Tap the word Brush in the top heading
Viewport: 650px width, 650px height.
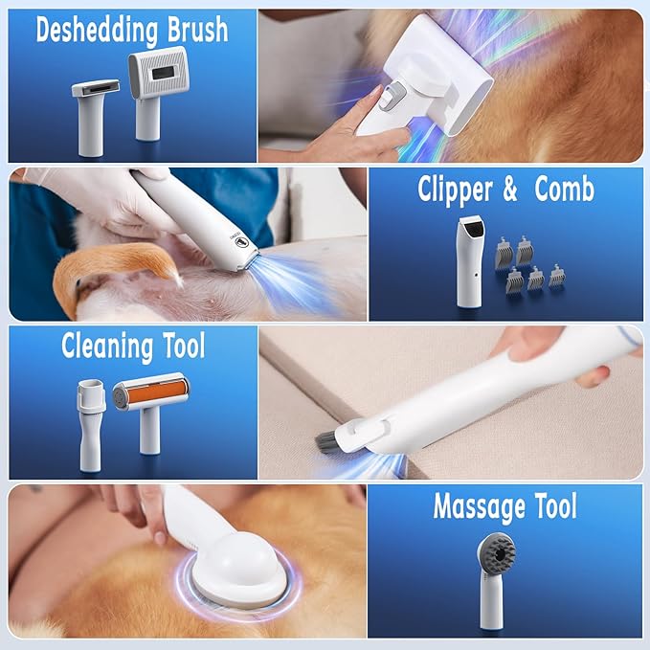click(x=195, y=30)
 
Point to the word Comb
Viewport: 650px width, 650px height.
click(x=564, y=190)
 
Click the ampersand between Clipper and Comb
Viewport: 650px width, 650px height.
click(x=510, y=191)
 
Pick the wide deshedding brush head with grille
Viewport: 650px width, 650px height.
click(x=158, y=81)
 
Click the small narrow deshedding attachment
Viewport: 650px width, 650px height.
click(x=96, y=101)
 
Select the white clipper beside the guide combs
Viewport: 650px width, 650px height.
click(x=469, y=258)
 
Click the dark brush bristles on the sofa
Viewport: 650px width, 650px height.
click(x=331, y=441)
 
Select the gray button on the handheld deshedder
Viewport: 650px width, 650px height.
click(x=387, y=97)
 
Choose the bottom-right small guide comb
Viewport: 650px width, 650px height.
click(x=558, y=278)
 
